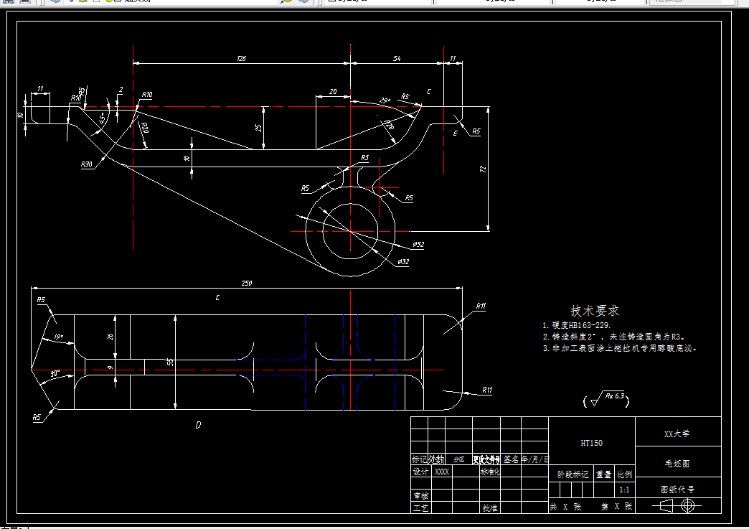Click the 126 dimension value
(x=241, y=59)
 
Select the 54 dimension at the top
(x=397, y=59)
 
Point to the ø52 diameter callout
(x=418, y=245)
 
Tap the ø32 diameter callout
(x=403, y=262)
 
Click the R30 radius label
(x=87, y=164)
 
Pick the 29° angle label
(x=385, y=100)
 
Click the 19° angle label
(x=59, y=337)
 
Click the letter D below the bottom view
(x=198, y=425)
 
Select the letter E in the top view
(x=455, y=134)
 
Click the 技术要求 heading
(x=595, y=311)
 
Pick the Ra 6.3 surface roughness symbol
(x=607, y=399)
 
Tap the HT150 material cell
(x=591, y=443)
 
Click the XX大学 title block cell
(x=678, y=434)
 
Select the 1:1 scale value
(x=624, y=490)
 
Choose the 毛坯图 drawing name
(x=678, y=463)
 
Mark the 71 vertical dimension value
(x=482, y=169)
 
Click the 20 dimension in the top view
(x=333, y=92)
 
